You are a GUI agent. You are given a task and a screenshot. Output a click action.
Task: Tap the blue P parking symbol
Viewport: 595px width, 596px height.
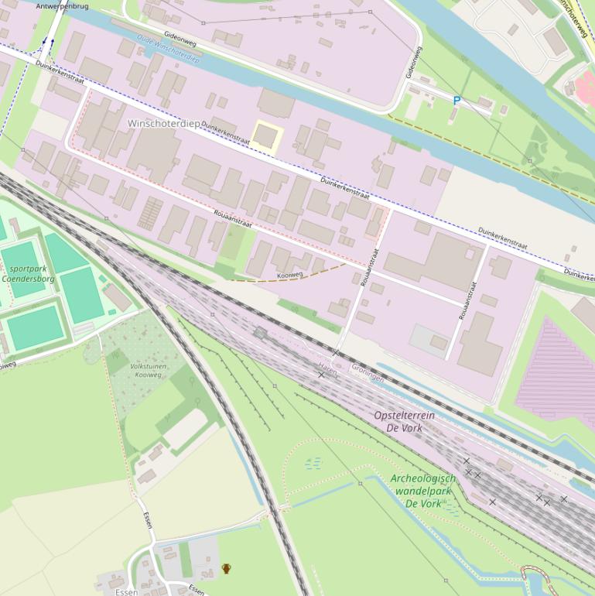coord(457,101)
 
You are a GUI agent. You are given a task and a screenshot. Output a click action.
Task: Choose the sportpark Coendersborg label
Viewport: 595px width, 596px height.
coord(28,272)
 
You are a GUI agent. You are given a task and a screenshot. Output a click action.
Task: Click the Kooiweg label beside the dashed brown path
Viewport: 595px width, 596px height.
coord(289,274)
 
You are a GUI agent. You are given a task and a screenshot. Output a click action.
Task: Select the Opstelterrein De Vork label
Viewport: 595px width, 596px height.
coord(404,421)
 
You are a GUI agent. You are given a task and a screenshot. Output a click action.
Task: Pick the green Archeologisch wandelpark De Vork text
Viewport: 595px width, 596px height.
coord(422,491)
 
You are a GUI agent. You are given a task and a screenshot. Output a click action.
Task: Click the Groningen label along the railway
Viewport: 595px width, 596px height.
coord(368,373)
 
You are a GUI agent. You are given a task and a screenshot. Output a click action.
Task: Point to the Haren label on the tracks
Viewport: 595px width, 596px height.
coord(327,365)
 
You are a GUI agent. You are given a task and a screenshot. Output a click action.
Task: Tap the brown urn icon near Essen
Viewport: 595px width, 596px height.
coord(227,569)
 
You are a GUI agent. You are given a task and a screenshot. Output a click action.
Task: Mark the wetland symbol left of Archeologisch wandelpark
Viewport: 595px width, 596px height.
coord(313,463)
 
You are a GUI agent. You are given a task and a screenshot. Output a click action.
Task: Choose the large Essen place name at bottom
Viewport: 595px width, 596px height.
coord(125,591)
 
